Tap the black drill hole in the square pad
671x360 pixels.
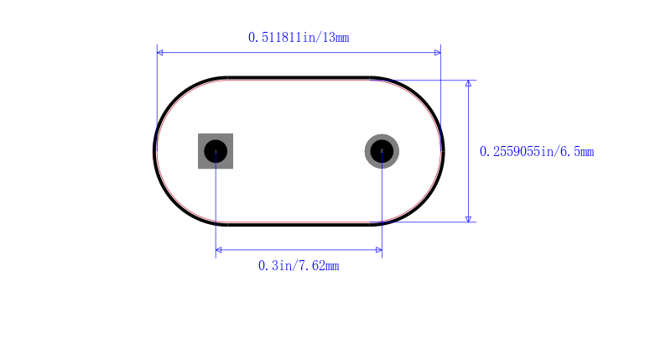tap(216, 151)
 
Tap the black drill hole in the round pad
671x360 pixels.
tap(382, 151)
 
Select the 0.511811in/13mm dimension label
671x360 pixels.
tap(299, 38)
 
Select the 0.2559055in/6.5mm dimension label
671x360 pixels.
tap(537, 152)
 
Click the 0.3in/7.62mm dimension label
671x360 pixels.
tap(299, 266)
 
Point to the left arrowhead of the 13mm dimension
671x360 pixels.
tap(160, 53)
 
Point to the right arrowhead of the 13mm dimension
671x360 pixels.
tap(438, 53)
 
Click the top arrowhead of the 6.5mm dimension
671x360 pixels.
tap(469, 83)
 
